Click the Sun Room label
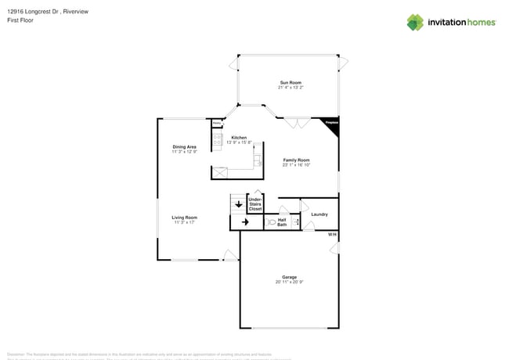[x=291, y=83]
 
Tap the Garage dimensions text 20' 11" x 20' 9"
[x=290, y=282]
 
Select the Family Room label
[x=297, y=160]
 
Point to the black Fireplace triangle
[x=332, y=124]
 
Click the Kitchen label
[x=239, y=138]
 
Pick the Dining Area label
[x=185, y=147]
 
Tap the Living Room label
[x=186, y=218]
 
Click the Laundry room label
[x=319, y=214]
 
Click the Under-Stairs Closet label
[x=255, y=204]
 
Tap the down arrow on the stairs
[x=238, y=205]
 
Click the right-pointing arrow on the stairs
[x=245, y=222]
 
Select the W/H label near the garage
[x=332, y=235]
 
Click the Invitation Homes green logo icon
[x=415, y=22]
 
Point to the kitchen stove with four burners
[x=218, y=142]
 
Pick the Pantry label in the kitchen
[x=216, y=122]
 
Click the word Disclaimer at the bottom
[x=16, y=354]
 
